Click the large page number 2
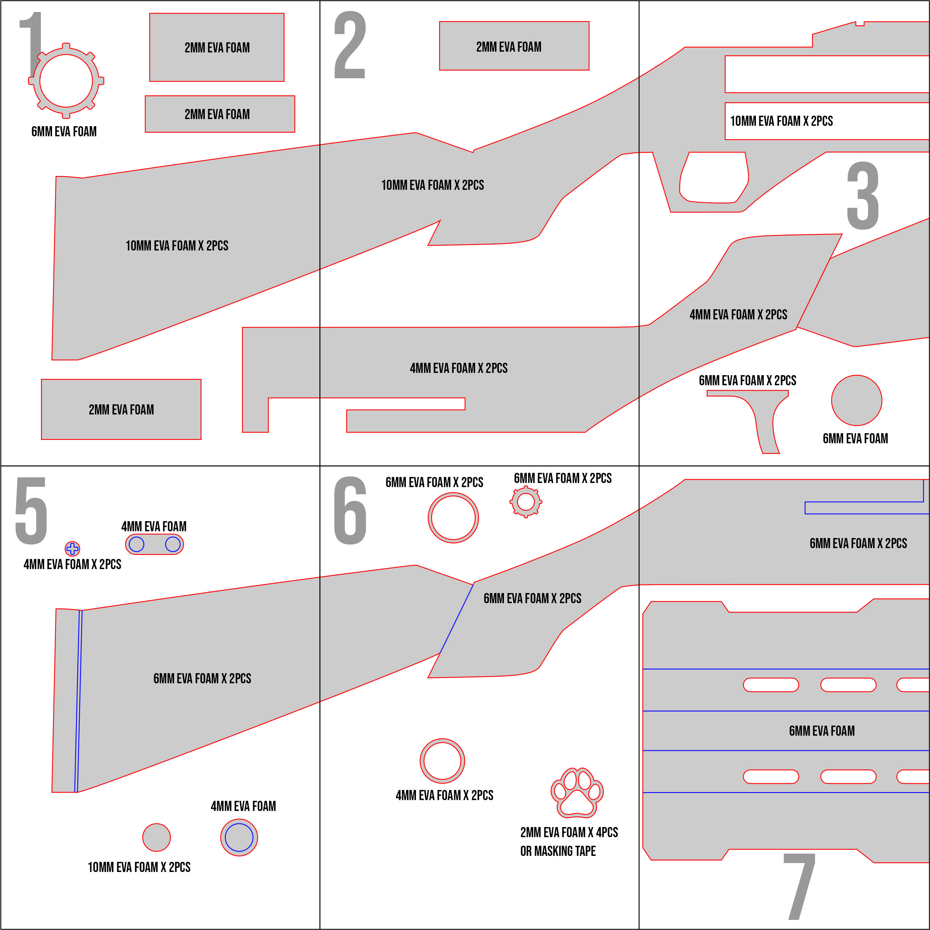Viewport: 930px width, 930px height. pos(350,46)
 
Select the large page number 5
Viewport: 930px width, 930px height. pos(31,511)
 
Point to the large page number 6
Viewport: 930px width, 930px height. pos(350,511)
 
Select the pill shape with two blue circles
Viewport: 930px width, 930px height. pos(155,544)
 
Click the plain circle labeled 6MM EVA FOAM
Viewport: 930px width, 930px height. pos(857,401)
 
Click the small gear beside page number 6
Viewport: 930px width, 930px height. pos(526,502)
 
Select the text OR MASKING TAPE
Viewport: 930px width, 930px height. pos(558,851)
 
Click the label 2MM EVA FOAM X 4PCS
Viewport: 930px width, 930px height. pos(569,832)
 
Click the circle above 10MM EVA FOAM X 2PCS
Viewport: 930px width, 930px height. pos(156,838)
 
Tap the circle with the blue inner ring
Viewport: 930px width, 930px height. pos(239,838)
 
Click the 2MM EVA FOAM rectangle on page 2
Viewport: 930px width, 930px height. pos(514,46)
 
